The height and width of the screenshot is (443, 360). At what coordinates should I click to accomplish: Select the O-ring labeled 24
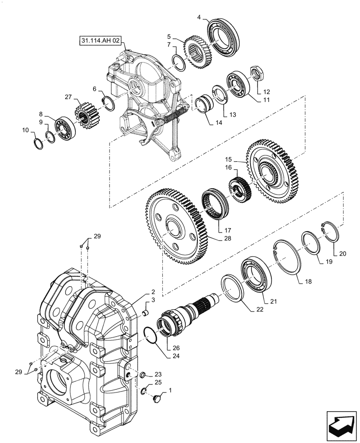click(151, 335)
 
